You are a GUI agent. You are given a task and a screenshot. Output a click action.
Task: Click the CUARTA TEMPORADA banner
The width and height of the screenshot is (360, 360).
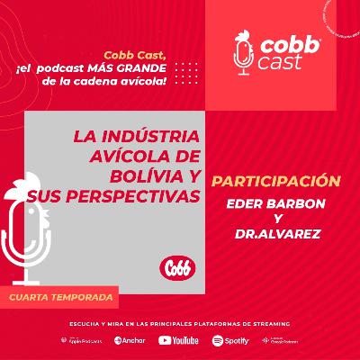coord(62,296)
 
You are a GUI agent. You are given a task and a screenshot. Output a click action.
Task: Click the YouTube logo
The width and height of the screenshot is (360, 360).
coord(178,340)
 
